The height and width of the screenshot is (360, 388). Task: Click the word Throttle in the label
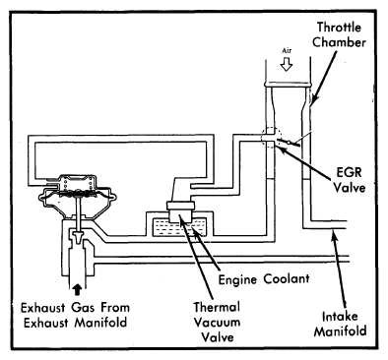click(x=339, y=28)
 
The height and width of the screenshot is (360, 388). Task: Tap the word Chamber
click(x=339, y=42)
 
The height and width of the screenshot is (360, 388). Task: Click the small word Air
click(x=287, y=51)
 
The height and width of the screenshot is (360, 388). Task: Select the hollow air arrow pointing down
click(x=287, y=64)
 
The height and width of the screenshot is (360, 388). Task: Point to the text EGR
click(x=349, y=172)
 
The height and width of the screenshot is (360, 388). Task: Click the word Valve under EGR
click(x=350, y=188)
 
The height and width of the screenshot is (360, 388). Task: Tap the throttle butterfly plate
click(x=289, y=143)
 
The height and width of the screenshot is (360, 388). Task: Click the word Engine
click(x=238, y=279)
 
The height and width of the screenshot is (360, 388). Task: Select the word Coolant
click(x=287, y=279)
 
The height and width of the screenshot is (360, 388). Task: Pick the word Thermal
click(x=217, y=307)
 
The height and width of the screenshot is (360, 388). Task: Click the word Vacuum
click(x=217, y=322)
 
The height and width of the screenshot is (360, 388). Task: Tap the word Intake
click(x=340, y=317)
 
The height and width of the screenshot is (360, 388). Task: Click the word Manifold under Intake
click(x=340, y=331)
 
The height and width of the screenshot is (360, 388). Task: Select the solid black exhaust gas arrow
click(x=77, y=290)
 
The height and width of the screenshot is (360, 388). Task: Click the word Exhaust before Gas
click(x=43, y=308)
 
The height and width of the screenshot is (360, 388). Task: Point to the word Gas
click(x=83, y=308)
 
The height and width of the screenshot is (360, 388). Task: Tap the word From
click(x=115, y=308)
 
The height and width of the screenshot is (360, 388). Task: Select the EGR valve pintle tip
click(x=78, y=237)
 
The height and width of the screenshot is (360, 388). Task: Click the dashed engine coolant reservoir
click(x=179, y=227)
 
